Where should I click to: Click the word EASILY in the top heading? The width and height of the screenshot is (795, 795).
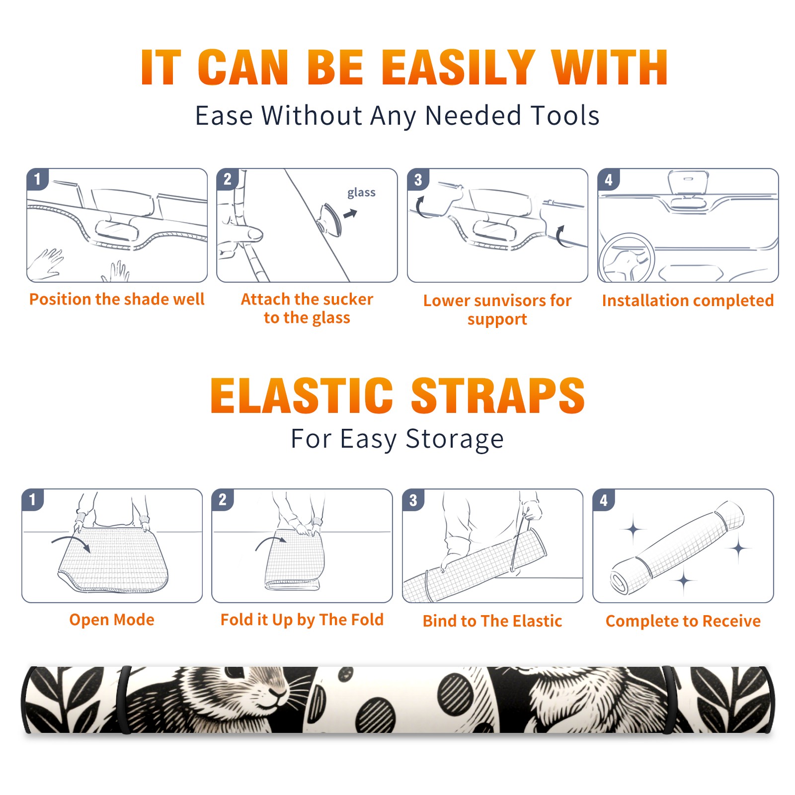click(x=458, y=68)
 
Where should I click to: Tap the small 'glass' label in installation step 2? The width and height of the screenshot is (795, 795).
click(x=361, y=193)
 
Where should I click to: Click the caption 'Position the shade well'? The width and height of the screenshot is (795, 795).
click(x=117, y=299)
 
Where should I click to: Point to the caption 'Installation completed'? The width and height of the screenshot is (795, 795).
click(x=688, y=300)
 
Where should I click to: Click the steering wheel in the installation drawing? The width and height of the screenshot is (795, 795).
click(x=627, y=258)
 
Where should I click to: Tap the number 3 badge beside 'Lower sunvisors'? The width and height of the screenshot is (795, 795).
click(x=418, y=179)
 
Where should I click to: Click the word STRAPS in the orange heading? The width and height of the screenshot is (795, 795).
click(x=498, y=396)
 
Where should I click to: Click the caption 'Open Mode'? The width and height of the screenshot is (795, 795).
click(x=112, y=620)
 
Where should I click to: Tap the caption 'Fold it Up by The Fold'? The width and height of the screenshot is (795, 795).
click(x=302, y=620)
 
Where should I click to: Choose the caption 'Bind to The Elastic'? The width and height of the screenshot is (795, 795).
click(x=492, y=621)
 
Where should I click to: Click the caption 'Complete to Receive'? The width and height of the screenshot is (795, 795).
click(x=683, y=621)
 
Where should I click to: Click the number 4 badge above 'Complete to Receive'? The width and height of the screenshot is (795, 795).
click(x=604, y=500)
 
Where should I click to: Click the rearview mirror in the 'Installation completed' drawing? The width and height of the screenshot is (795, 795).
click(x=688, y=183)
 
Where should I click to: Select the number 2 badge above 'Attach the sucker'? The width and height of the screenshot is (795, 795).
click(x=228, y=179)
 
